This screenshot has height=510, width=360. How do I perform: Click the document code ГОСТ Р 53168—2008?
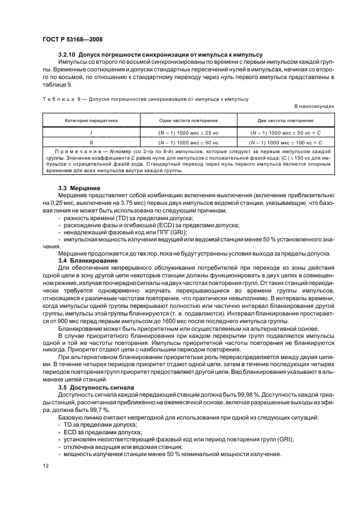[72, 39]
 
